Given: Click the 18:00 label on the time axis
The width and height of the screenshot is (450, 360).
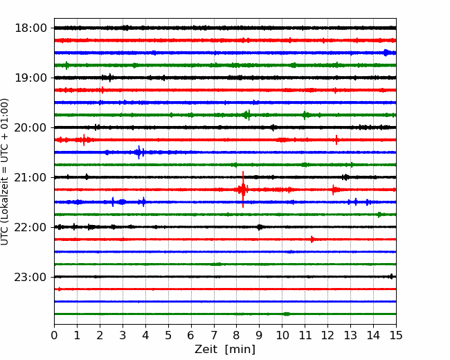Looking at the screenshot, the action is pos(30,28).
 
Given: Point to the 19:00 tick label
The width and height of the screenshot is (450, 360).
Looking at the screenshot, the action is pos(30,78).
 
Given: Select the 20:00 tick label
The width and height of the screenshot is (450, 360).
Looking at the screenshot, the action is pos(30,127).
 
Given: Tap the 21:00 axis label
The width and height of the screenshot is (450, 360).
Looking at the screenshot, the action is pos(30,177).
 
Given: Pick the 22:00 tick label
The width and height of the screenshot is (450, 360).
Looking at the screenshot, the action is pos(30,227).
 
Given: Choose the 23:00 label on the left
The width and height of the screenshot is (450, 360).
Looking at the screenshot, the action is pos(30,277).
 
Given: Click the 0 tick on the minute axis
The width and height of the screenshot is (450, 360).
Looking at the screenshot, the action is pos(54,335).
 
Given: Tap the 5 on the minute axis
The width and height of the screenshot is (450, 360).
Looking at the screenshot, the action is pos(168,335).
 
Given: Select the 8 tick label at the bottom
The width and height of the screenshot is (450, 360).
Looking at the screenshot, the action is pos(237,335).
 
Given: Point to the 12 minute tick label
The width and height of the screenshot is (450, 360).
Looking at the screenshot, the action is pos(327,335).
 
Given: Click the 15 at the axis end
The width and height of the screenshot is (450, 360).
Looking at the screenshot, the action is pos(396,335).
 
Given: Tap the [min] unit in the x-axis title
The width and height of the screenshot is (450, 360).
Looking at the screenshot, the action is pos(240,350).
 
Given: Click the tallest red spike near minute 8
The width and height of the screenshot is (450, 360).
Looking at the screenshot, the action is pos(243,190).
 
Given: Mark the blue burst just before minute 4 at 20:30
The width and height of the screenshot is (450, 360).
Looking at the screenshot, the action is pos(139,152).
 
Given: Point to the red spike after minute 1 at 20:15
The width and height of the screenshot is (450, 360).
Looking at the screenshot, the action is pos(84,140).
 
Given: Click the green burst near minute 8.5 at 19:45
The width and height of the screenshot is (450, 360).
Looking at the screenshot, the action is pos(247,115).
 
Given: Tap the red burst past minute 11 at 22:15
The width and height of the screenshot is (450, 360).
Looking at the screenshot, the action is pos(312,239).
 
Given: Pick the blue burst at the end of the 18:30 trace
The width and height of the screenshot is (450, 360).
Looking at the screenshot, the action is pos(386,53).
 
